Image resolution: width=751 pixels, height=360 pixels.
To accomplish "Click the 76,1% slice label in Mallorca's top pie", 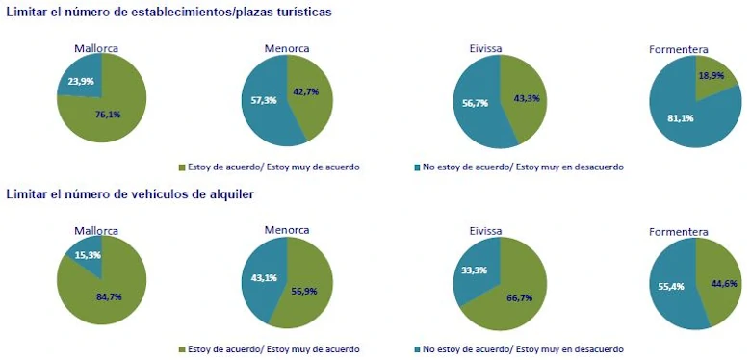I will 108,115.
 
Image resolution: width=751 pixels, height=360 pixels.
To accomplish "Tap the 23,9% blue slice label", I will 81,82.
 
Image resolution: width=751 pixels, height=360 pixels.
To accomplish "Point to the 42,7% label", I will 307,92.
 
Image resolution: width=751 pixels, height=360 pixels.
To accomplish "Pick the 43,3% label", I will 526,98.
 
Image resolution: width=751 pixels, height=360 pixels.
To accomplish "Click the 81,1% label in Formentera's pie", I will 680,118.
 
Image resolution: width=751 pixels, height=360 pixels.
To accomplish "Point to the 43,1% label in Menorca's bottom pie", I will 265,278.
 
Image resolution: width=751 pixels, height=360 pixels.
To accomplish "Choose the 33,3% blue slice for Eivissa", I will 475,271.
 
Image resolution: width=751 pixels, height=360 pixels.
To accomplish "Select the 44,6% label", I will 722,284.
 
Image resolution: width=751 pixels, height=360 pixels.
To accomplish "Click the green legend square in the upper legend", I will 183,167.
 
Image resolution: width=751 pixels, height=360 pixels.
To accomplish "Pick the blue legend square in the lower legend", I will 417,348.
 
